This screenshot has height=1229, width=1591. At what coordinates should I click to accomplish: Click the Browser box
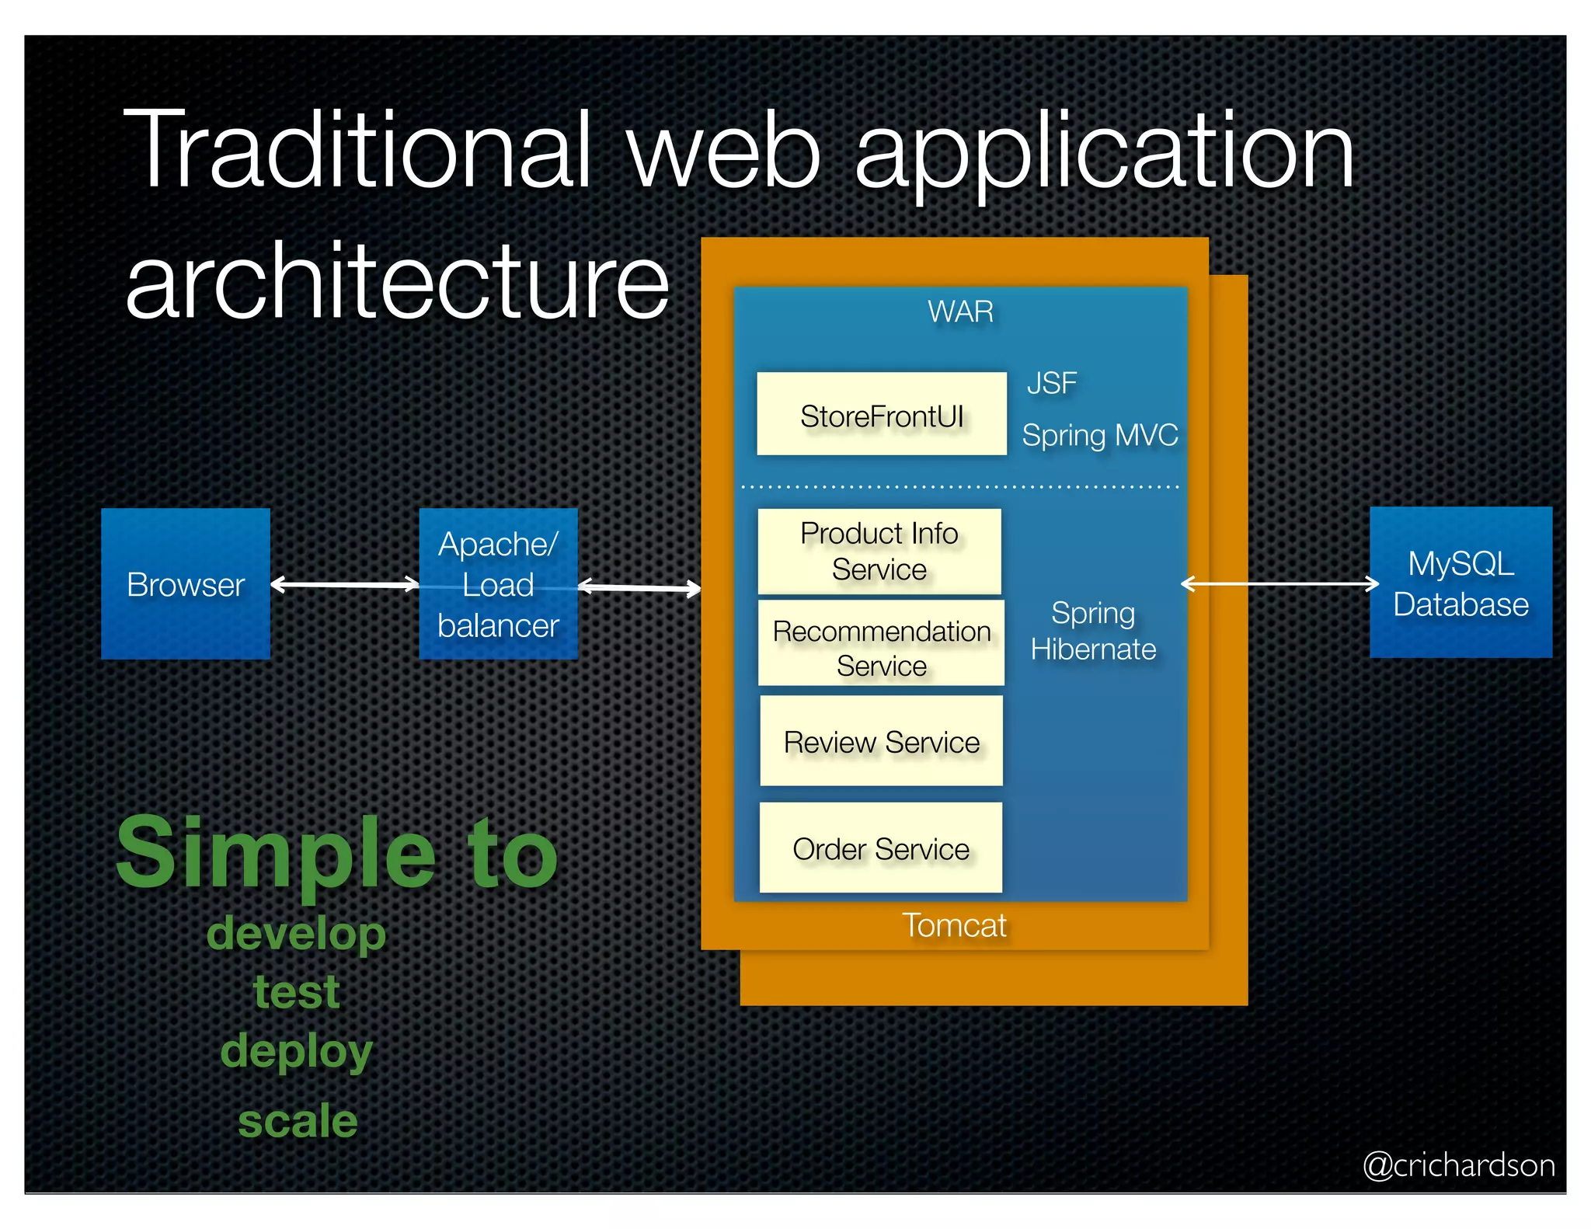pyautogui.click(x=186, y=584)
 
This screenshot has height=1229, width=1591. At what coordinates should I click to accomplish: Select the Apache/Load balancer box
pyautogui.click(x=498, y=584)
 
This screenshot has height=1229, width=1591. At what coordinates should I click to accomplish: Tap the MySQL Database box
pyautogui.click(x=1460, y=583)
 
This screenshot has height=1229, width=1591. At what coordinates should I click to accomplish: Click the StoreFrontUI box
pyautogui.click(x=882, y=414)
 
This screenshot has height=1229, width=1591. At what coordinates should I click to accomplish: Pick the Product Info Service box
pyautogui.click(x=879, y=552)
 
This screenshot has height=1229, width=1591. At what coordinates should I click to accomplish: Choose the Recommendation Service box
pyautogui.click(x=881, y=643)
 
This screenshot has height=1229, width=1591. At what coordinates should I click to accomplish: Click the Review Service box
pyautogui.click(x=881, y=741)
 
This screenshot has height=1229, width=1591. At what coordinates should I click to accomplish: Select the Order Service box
pyautogui.click(x=880, y=848)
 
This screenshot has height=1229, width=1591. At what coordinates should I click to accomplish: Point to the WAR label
pyautogui.click(x=960, y=312)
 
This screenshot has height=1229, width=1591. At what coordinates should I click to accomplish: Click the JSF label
pyautogui.click(x=1052, y=383)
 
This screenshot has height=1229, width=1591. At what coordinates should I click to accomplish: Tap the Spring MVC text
pyautogui.click(x=1099, y=435)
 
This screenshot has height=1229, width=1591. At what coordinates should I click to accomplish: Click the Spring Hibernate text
pyautogui.click(x=1093, y=631)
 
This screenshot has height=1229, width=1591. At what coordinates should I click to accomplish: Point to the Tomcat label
pyautogui.click(x=954, y=925)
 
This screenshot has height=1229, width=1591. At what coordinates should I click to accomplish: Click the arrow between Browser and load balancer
pyautogui.click(x=345, y=584)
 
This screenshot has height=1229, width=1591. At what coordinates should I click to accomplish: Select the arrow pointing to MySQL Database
pyautogui.click(x=1279, y=583)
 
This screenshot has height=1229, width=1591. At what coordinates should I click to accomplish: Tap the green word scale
pyautogui.click(x=298, y=1121)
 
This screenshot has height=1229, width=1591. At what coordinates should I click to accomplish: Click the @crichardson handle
pyautogui.click(x=1458, y=1165)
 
